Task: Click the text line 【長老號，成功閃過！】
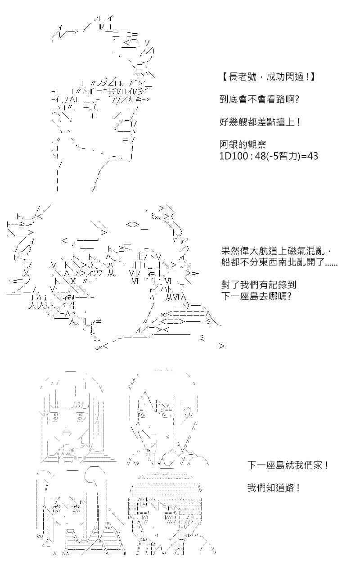(268, 77)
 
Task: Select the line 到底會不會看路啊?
(259, 99)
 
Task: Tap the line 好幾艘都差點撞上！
(260, 122)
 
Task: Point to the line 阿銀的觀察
(243, 144)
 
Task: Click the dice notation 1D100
(234, 156)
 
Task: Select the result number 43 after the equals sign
(312, 156)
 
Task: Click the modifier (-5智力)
(283, 156)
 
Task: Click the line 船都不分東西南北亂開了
(279, 262)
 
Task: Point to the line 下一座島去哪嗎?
(256, 296)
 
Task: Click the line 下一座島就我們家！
(288, 465)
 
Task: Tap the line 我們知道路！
(274, 488)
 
